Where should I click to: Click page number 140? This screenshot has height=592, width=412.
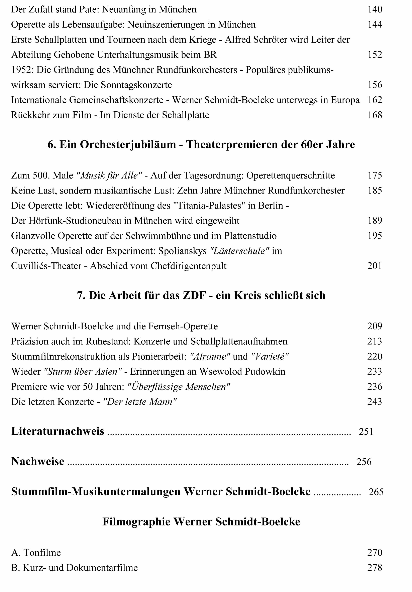click(375, 10)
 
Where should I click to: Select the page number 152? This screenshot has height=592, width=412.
click(375, 55)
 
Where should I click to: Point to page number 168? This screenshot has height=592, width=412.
click(375, 115)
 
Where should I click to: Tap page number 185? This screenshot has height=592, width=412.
click(375, 191)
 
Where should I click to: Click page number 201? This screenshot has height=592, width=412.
click(374, 266)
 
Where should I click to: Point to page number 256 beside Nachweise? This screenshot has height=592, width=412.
click(364, 462)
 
